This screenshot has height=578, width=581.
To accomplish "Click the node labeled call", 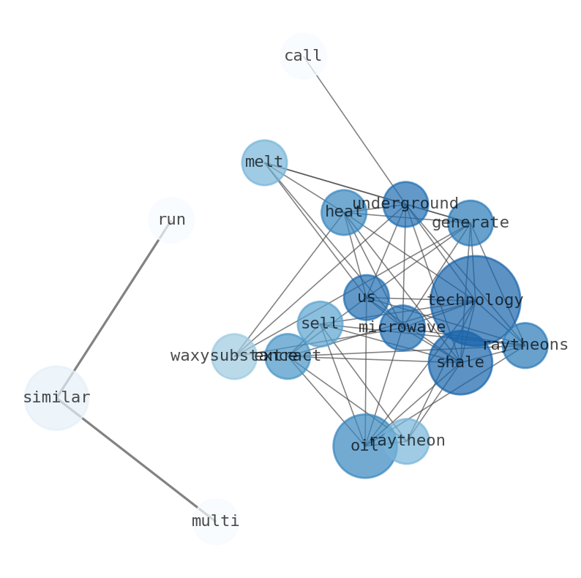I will click(303, 56).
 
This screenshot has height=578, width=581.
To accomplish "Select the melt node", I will click(264, 162).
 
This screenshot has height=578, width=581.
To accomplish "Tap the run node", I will click(171, 219).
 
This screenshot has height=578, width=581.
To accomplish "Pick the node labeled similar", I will click(56, 398).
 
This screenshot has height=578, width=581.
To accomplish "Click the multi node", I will click(216, 522).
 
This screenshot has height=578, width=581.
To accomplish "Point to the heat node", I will click(344, 212).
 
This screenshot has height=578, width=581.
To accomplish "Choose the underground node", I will click(405, 204).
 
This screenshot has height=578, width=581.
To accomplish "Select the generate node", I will click(471, 223).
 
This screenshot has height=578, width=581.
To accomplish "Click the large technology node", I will click(476, 301).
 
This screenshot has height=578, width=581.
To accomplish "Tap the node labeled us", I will click(366, 298).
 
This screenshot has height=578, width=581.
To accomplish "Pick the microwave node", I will click(402, 328).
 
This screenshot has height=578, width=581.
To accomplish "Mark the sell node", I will click(320, 323).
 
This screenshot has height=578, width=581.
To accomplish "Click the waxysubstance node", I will click(234, 356).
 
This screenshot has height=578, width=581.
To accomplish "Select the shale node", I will click(460, 362).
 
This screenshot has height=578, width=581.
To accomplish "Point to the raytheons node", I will click(525, 345).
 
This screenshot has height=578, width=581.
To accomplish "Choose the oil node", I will click(364, 446).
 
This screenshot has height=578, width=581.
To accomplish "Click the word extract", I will click(288, 356).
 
